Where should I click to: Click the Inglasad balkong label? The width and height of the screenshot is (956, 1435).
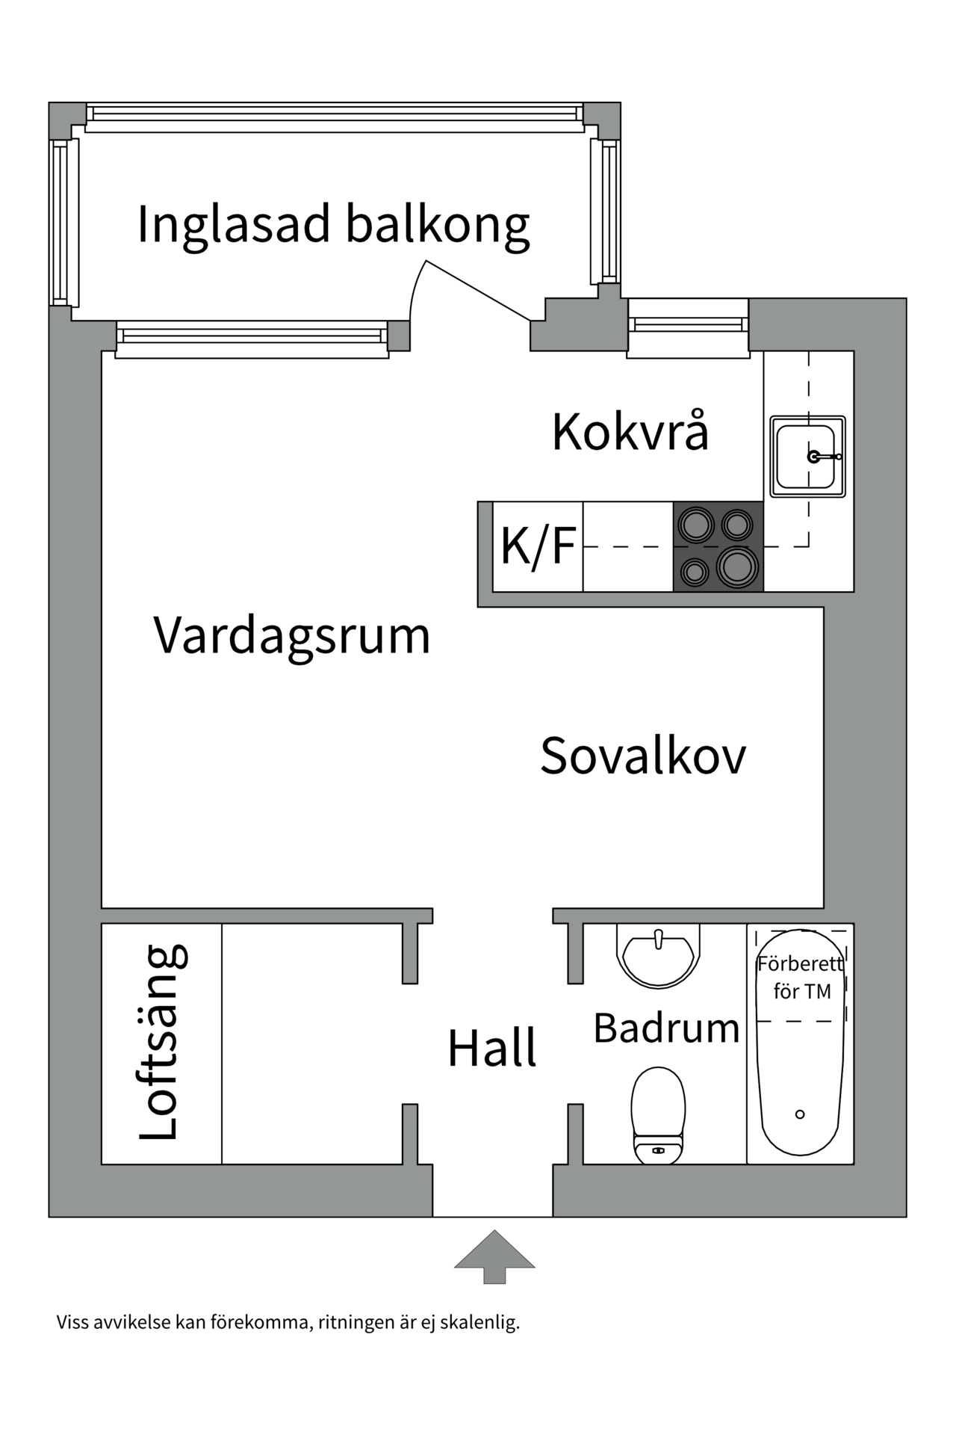tap(333, 224)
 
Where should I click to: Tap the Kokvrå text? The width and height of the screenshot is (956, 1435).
tap(630, 431)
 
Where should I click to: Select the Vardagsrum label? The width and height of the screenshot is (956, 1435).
tap(292, 635)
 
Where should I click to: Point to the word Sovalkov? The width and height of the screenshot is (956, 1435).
tap(642, 756)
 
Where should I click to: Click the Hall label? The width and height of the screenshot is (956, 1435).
tap(491, 1048)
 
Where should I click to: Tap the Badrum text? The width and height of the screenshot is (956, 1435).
tap(666, 1028)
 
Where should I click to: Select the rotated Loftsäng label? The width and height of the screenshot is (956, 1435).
tap(162, 1043)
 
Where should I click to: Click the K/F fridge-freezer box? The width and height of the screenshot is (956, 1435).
tap(538, 546)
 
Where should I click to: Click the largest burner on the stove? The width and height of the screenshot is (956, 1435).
tap(737, 567)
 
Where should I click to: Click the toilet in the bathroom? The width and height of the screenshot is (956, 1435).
tap(658, 1114)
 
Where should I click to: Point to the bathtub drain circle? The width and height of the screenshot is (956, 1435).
tap(800, 1114)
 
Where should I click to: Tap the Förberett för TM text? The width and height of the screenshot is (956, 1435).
tap(801, 978)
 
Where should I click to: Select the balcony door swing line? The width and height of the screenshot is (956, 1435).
tap(478, 291)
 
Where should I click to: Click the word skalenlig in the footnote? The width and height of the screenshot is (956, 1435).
tap(479, 1323)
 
